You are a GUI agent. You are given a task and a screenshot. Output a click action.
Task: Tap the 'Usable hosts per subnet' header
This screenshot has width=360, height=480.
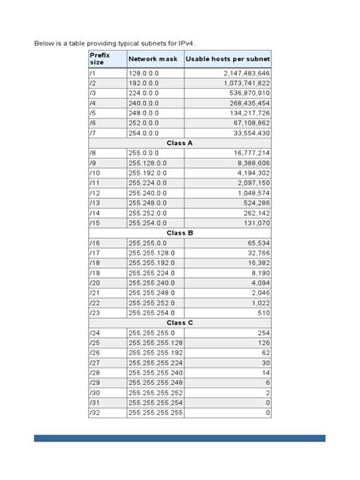[x=228, y=59]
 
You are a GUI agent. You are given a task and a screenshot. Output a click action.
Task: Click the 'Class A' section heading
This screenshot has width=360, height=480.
[x=180, y=141]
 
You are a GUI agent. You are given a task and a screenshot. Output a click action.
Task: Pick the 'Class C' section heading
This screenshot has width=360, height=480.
[x=180, y=322]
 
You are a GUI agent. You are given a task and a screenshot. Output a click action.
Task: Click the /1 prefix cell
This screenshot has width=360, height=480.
[x=93, y=72]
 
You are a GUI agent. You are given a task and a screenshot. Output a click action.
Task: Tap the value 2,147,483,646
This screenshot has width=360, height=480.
[x=247, y=72]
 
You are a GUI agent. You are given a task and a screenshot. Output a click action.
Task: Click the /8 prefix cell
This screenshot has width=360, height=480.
[x=93, y=152]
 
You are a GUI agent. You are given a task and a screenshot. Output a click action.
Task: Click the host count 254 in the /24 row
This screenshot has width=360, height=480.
[x=264, y=333]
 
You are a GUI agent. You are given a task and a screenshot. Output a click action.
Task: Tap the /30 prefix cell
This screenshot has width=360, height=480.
[x=94, y=392]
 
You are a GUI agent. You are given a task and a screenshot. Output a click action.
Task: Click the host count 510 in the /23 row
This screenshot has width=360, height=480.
[x=264, y=311]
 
